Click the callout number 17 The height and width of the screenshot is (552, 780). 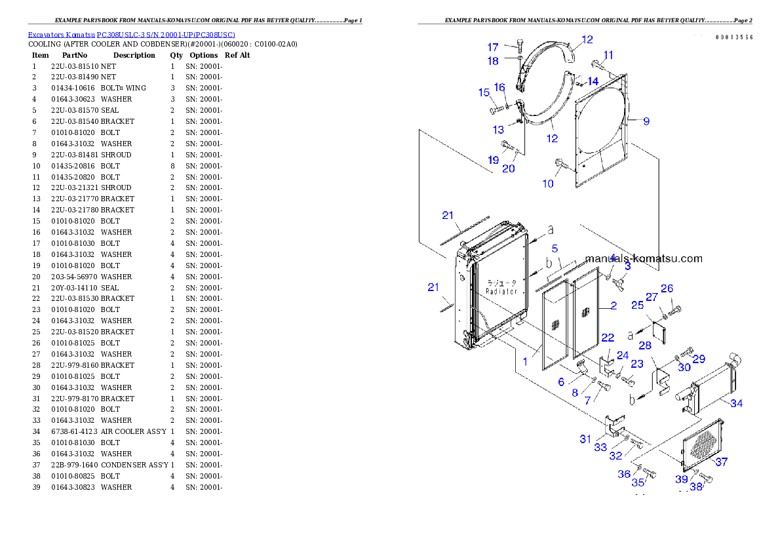493,47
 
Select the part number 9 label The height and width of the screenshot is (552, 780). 646,121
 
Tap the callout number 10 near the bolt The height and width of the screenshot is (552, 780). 548,184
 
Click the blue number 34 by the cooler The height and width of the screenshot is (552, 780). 736,404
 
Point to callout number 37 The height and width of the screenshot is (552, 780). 721,462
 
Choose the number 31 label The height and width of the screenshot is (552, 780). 585,439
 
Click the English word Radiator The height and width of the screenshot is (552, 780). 501,291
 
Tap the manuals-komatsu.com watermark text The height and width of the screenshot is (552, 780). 643,258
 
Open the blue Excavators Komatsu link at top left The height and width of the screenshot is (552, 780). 131,34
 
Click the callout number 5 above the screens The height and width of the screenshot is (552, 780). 555,249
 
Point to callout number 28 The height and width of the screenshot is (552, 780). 645,345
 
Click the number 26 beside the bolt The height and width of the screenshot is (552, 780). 667,288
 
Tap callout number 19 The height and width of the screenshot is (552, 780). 493,160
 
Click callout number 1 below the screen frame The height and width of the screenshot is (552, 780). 525,361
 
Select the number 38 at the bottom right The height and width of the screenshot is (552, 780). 696,487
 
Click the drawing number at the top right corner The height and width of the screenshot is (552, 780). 733,37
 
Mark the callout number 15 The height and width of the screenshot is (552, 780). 484,93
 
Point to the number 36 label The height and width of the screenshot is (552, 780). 623,474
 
